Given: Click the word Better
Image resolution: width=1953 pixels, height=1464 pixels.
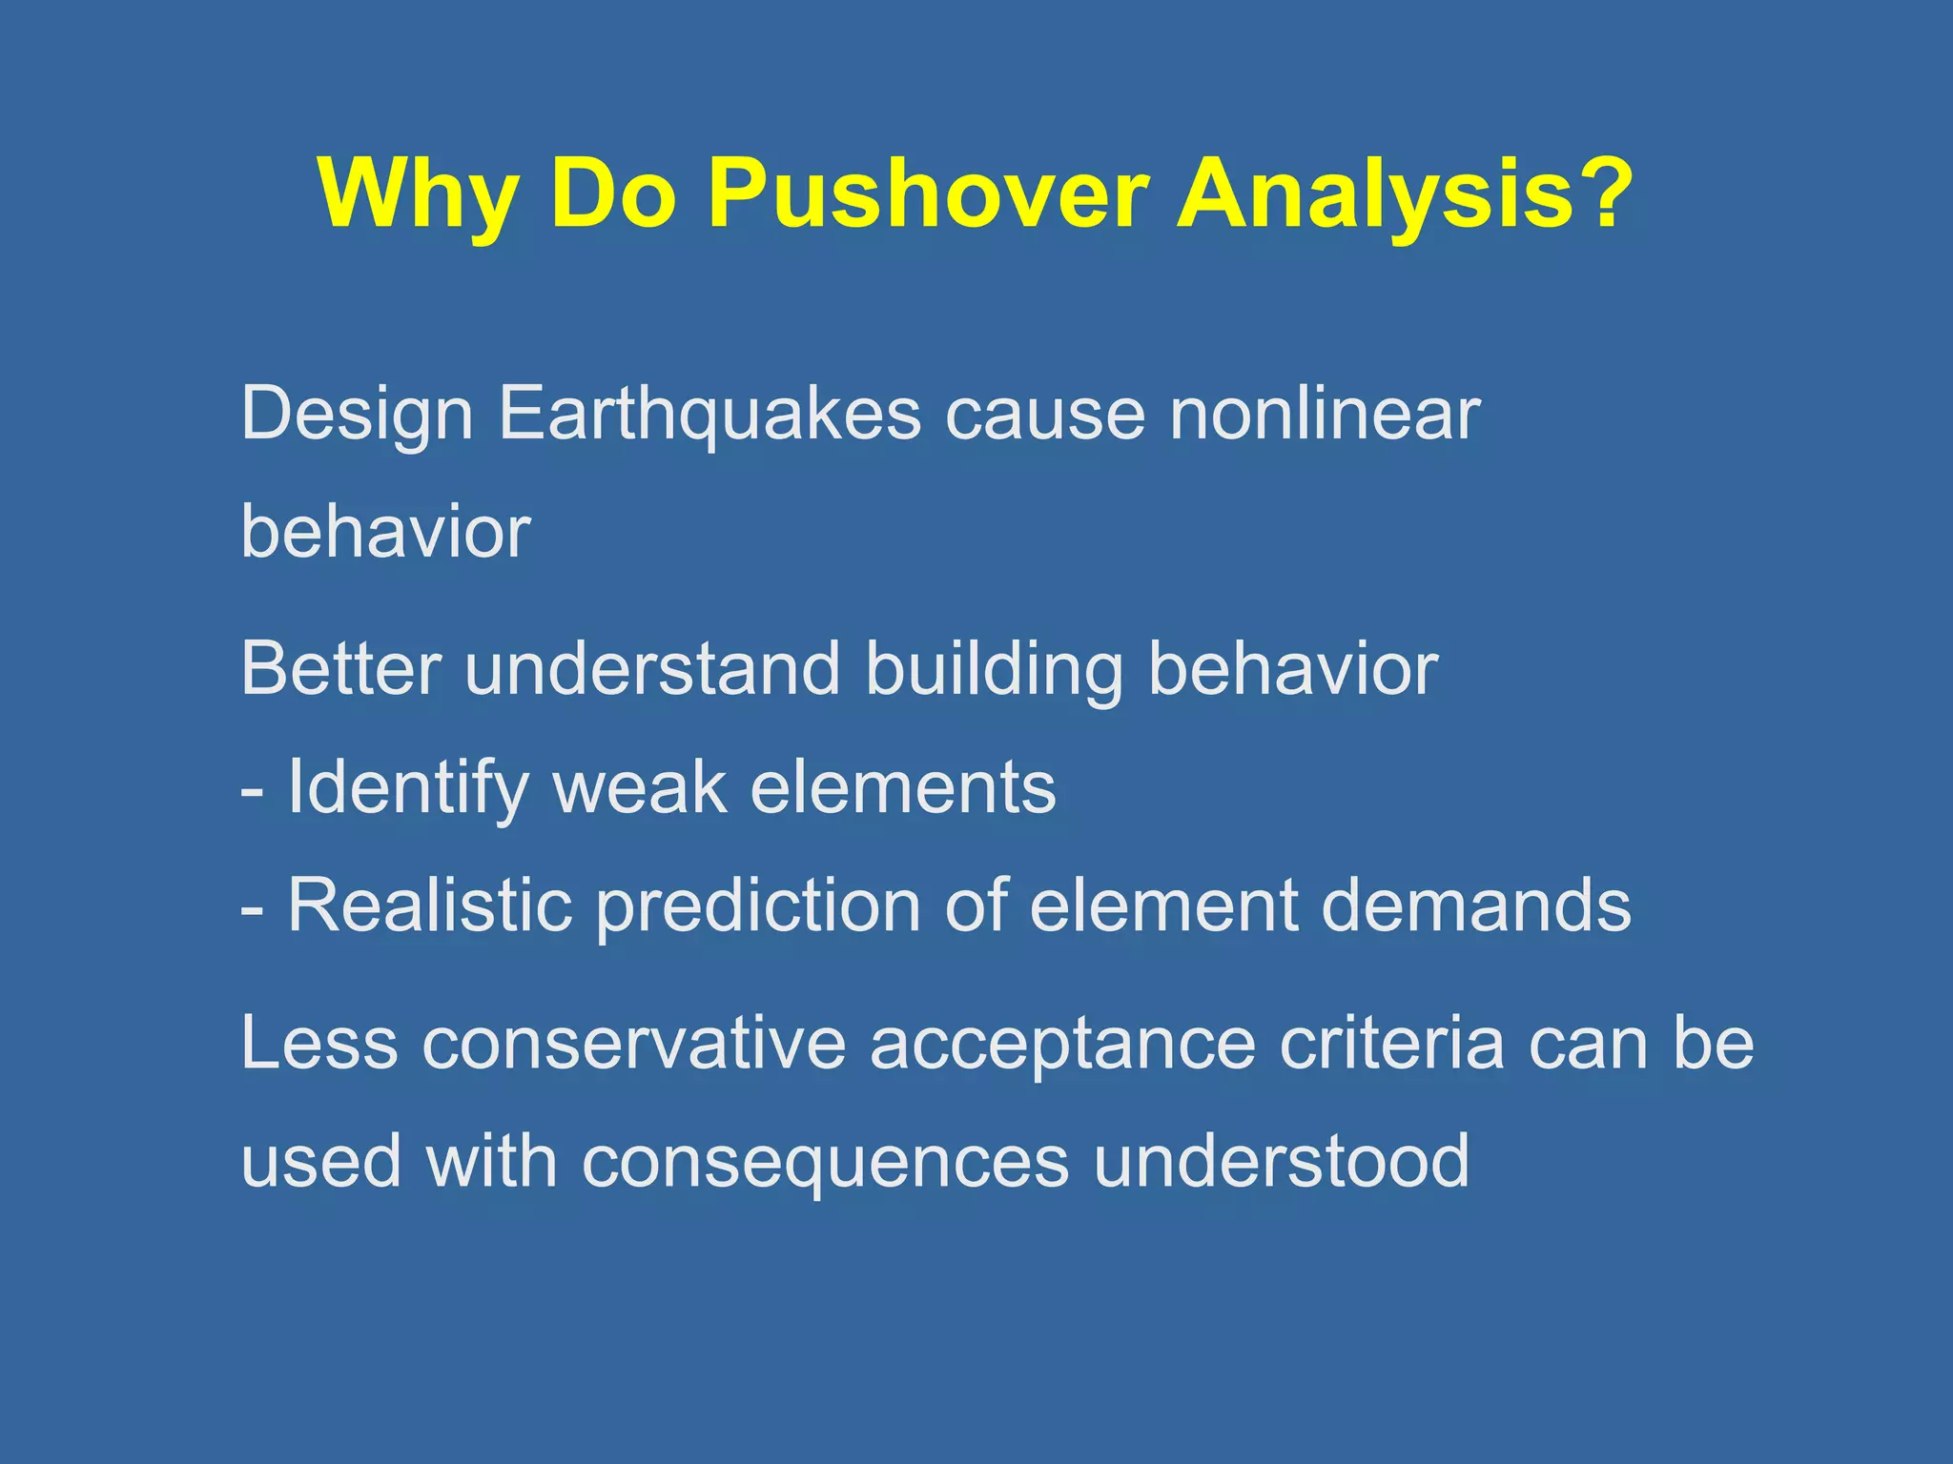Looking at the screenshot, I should pyautogui.click(x=340, y=669).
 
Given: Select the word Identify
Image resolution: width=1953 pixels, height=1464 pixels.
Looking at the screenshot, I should pyautogui.click(x=408, y=787).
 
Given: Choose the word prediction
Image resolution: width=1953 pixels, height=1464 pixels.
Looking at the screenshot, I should pyautogui.click(x=758, y=905).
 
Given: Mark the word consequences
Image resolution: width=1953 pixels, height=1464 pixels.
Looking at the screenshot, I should pyautogui.click(x=825, y=1162).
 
